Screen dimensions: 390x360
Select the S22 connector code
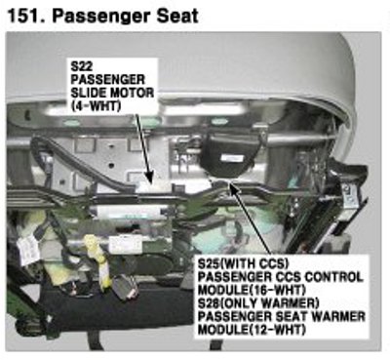click(82, 66)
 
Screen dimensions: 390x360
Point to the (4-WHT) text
click(96, 106)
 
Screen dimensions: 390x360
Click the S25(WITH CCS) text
click(244, 263)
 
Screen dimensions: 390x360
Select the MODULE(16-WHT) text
click(252, 290)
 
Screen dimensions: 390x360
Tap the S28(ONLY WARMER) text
click(258, 303)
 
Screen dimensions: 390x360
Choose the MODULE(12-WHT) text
click(252, 330)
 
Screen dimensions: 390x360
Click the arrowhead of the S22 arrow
click(149, 180)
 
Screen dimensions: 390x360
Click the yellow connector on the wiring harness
click(98, 260)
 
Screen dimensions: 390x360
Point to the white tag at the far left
click(28, 250)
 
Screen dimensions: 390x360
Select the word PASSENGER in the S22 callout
click(108, 80)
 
